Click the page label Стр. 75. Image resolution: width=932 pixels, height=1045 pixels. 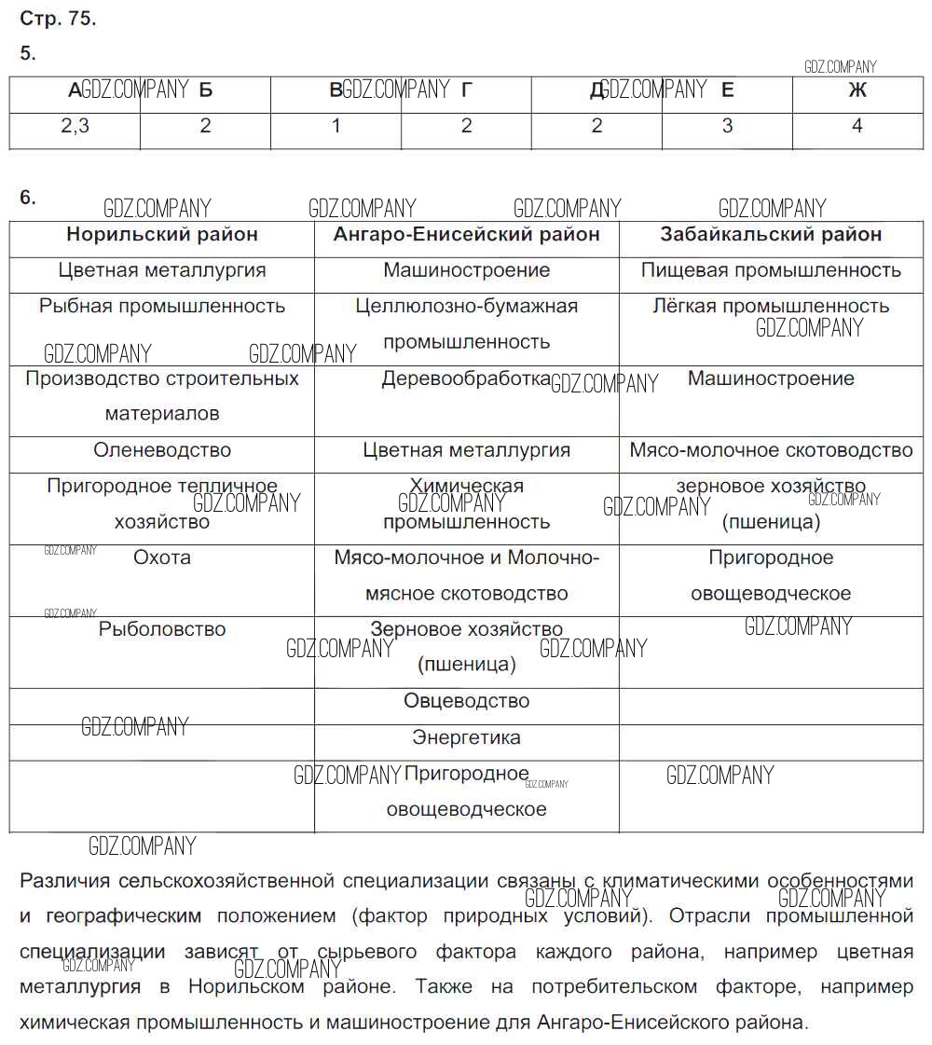click(x=58, y=19)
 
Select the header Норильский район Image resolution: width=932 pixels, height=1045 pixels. click(x=162, y=235)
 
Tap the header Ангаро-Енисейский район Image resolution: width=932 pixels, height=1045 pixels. click(x=466, y=235)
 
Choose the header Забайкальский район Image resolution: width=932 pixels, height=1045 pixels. click(x=771, y=235)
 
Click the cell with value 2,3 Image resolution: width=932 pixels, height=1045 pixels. click(x=75, y=127)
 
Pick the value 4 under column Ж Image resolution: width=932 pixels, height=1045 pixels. click(x=857, y=127)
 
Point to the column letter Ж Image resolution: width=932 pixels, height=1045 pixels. click(x=857, y=90)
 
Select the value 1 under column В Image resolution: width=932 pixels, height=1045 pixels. click(x=336, y=127)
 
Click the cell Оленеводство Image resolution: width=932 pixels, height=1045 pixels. click(x=162, y=450)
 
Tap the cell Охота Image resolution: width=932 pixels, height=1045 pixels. click(x=162, y=557)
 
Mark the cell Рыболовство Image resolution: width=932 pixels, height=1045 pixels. click(x=162, y=630)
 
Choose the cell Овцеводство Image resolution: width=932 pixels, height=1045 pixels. click(x=466, y=701)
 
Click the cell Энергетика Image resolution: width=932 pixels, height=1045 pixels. click(x=466, y=738)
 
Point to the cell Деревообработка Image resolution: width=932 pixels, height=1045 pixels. click(x=466, y=379)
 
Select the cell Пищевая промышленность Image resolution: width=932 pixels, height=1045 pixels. click(x=771, y=271)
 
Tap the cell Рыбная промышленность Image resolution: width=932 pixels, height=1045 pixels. click(x=162, y=307)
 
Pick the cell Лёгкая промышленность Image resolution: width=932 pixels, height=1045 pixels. click(x=771, y=307)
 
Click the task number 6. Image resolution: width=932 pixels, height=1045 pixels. click(x=28, y=198)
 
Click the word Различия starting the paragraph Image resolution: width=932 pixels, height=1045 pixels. click(x=62, y=882)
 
